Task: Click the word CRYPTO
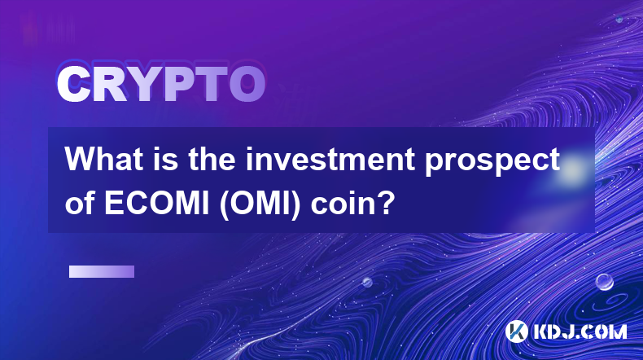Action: click(x=161, y=84)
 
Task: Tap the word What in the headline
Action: click(x=103, y=160)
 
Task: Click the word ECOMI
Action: click(x=157, y=204)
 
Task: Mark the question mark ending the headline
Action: click(x=386, y=203)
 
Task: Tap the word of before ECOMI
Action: click(x=81, y=204)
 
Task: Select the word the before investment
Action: click(x=212, y=160)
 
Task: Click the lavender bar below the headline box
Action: click(x=102, y=272)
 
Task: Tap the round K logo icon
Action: click(x=517, y=331)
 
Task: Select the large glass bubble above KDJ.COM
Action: click(x=605, y=282)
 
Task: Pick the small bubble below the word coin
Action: click(x=366, y=282)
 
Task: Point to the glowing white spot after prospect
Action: click(x=573, y=169)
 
